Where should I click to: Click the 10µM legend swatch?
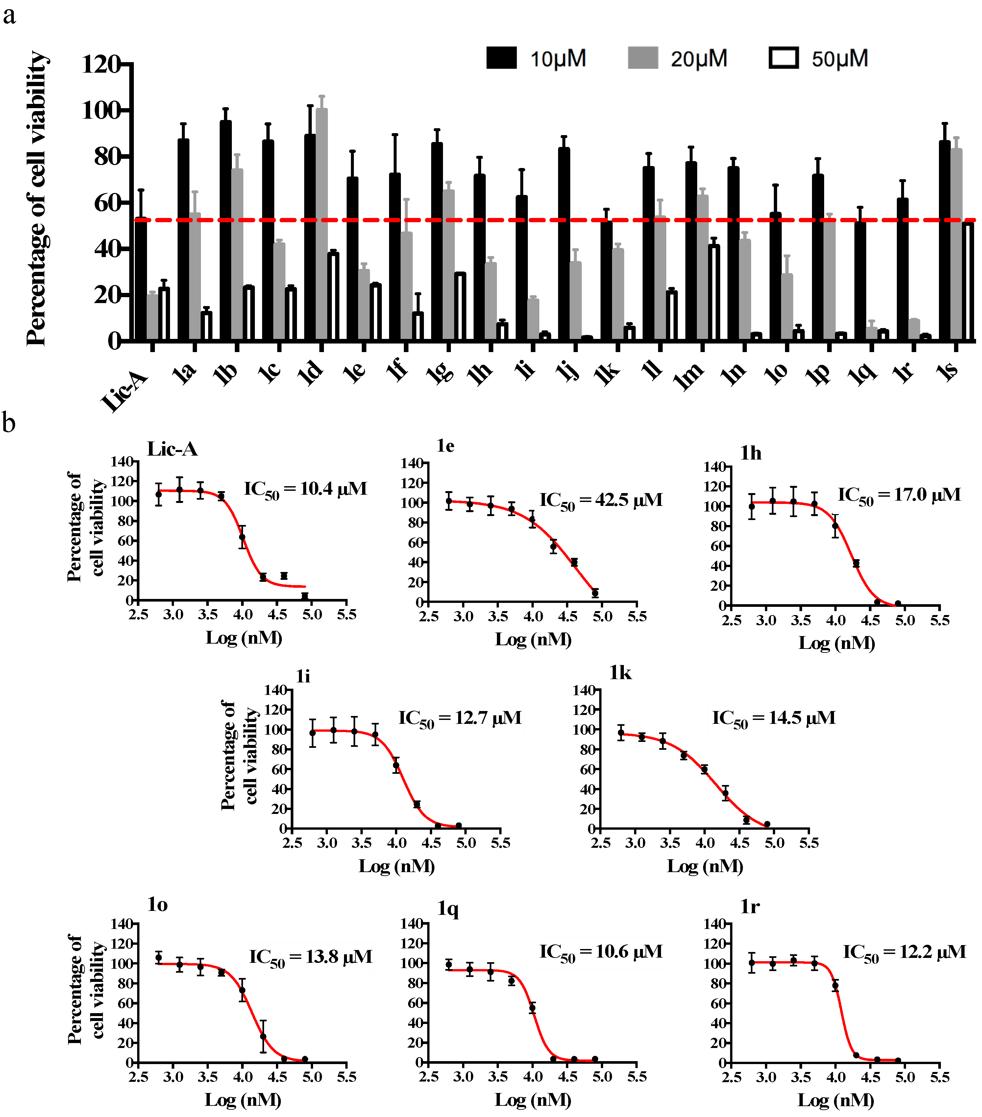click(502, 58)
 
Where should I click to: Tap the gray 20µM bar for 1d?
click(322, 224)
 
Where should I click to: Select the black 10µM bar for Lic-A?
click(140, 279)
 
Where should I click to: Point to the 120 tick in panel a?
click(101, 64)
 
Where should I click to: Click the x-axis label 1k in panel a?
click(607, 373)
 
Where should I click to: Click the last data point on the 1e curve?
click(595, 593)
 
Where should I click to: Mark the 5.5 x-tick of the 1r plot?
click(939, 1077)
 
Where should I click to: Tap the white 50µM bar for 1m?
click(714, 292)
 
